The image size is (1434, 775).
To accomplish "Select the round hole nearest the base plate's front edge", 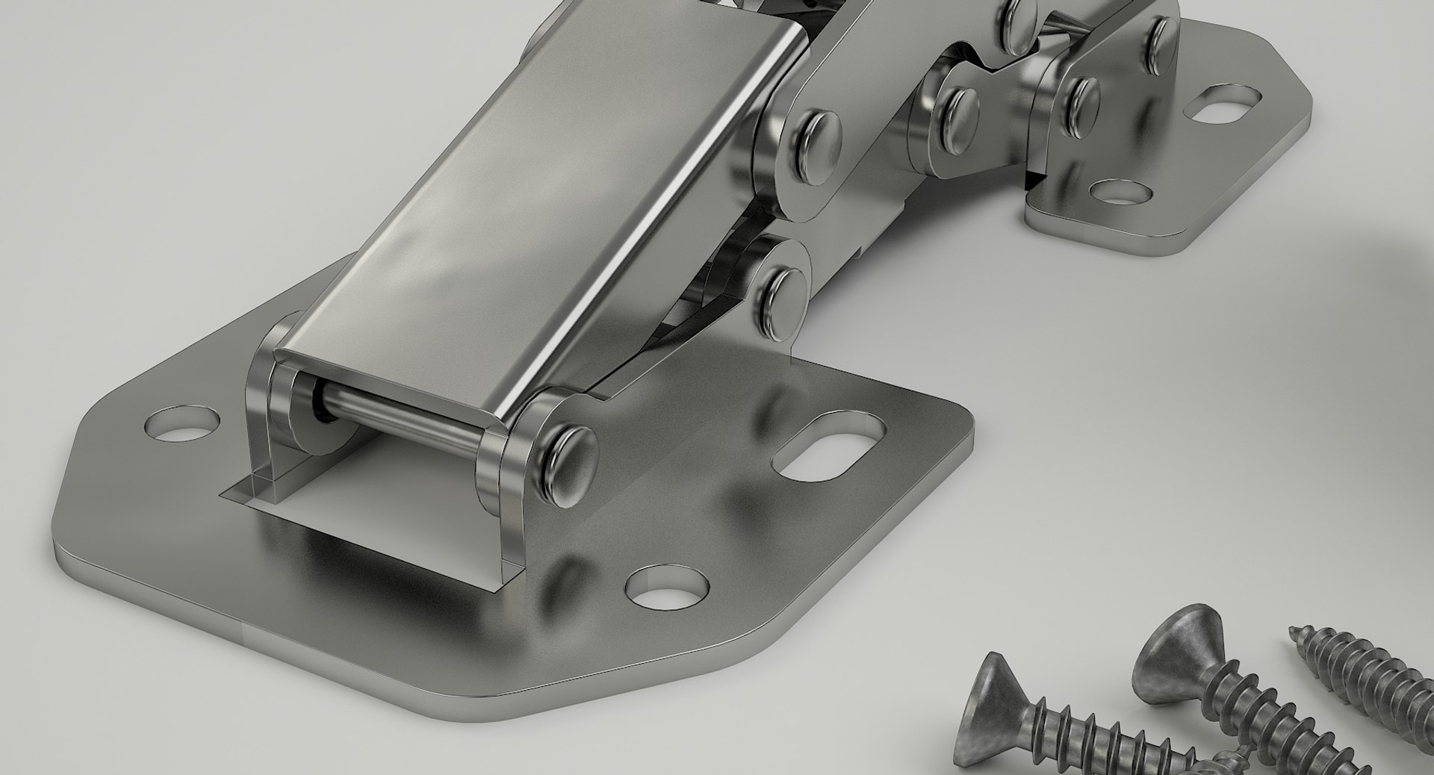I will click(666, 586).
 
